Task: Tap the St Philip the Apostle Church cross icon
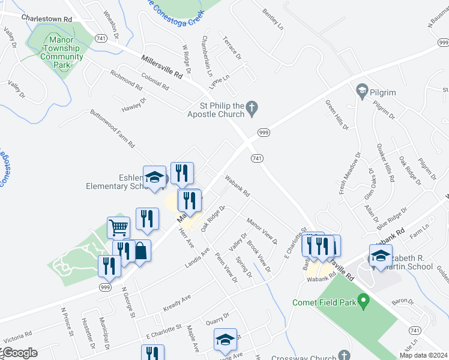coord(253,109)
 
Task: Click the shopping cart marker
coord(119,228)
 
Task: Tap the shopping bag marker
coord(139,251)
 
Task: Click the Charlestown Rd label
coord(46,19)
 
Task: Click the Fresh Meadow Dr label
coord(349,175)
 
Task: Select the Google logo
coord(19,353)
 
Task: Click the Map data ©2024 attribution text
coord(423,355)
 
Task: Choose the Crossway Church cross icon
coord(343,356)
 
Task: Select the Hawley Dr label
coord(134,104)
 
